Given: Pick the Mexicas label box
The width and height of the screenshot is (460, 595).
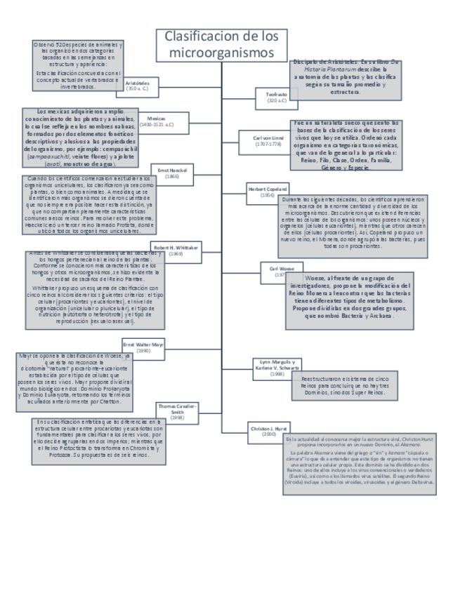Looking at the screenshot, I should pos(157,121).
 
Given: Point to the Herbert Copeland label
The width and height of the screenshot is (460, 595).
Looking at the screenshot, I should pos(266,192).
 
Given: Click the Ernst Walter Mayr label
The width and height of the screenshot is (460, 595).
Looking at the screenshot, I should pos(143,347).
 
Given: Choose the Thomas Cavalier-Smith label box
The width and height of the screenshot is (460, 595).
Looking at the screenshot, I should pos(178,411).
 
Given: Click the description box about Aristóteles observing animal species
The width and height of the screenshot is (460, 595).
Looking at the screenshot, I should pos(78,66).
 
